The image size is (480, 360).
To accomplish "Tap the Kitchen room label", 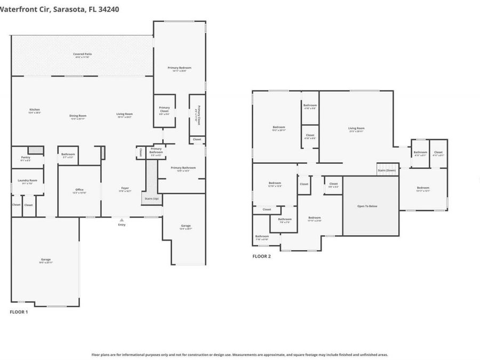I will [34, 110].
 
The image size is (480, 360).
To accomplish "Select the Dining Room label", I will [78, 116].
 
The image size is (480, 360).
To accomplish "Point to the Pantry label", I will [26, 157].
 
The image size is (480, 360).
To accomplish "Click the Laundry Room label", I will [26, 180].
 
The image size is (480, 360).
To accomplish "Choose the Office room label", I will [79, 189].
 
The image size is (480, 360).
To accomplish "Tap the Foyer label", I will [125, 188].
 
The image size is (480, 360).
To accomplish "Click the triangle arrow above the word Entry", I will [122, 219].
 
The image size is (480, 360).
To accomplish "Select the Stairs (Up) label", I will [151, 198].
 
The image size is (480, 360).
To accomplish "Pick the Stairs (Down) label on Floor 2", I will [387, 170].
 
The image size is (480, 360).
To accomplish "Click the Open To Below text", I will [370, 206].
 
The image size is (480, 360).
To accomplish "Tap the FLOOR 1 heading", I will [19, 312].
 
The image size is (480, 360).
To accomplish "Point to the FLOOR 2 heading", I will [261, 257].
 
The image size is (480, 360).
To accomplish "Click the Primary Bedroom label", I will [179, 68].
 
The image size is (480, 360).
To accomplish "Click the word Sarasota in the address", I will [72, 9].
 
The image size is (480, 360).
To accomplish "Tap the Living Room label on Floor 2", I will [356, 128].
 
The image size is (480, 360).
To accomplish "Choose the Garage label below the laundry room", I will [45, 260].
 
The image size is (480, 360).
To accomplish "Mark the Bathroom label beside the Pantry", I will [68, 154].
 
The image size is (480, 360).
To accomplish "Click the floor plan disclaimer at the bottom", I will [239, 354].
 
